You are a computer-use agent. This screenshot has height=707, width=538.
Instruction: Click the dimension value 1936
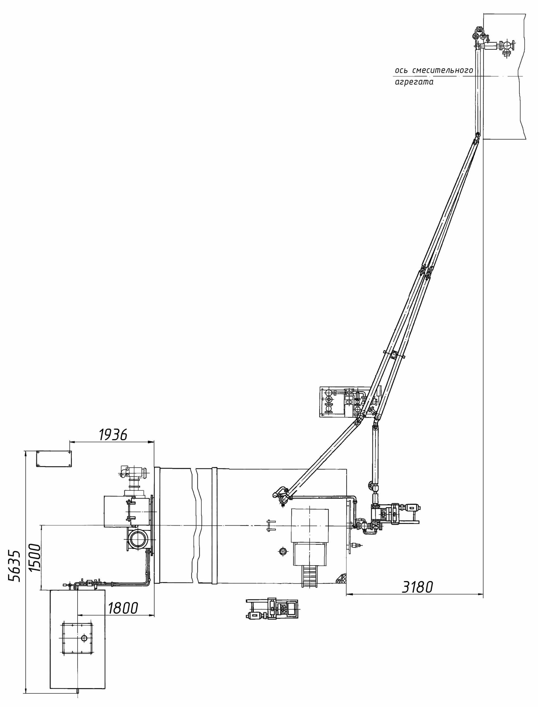click(x=113, y=434)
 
